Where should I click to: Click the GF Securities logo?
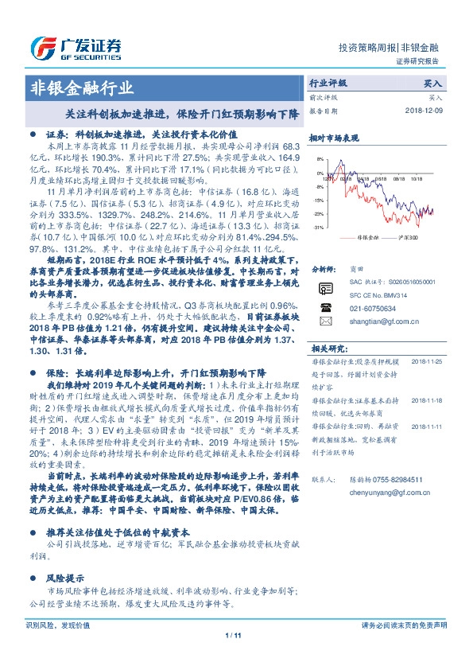[76, 47]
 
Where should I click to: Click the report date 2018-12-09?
[423, 111]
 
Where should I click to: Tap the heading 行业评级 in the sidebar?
[328, 83]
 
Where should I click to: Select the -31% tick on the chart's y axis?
[318, 228]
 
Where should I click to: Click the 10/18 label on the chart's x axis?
[413, 179]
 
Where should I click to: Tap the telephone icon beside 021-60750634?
[325, 306]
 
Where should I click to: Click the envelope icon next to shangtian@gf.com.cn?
[325, 321]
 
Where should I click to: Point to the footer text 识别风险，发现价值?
[58, 625]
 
